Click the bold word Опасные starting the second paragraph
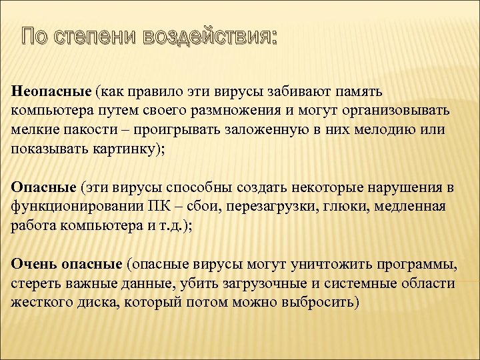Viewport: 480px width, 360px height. point(44,187)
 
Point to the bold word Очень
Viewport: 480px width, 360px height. point(34,265)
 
